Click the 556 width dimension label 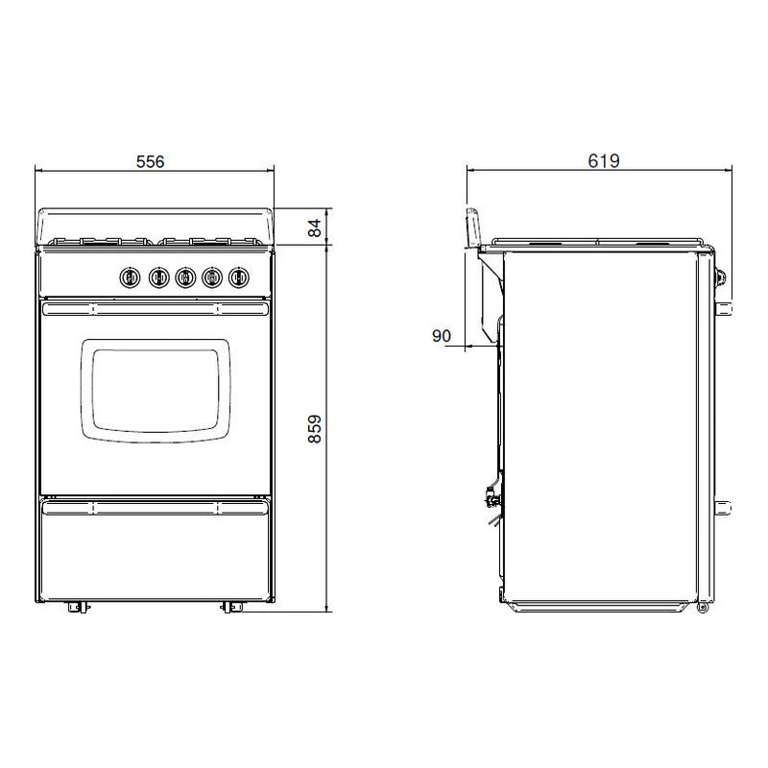pyautogui.click(x=150, y=160)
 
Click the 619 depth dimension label pyautogui.click(x=603, y=160)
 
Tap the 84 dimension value pyautogui.click(x=313, y=228)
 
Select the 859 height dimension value pyautogui.click(x=313, y=428)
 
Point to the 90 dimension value pyautogui.click(x=442, y=335)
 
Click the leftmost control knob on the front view pyautogui.click(x=130, y=277)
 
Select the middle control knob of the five pyautogui.click(x=183, y=277)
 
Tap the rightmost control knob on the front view pyautogui.click(x=237, y=277)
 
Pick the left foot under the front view pyautogui.click(x=76, y=607)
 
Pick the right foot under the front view pyautogui.click(x=230, y=607)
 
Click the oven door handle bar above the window pyautogui.click(x=155, y=307)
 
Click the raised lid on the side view pyautogui.click(x=473, y=228)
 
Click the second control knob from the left pyautogui.click(x=156, y=277)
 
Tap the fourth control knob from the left pyautogui.click(x=210, y=277)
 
